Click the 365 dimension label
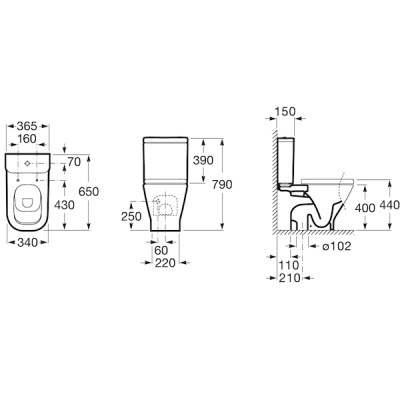pyautogui.click(x=28, y=126)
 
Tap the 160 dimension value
pyautogui.click(x=27, y=139)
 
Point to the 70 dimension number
pyautogui.click(x=74, y=162)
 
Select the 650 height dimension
pyautogui.click(x=89, y=191)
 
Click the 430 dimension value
pyautogui.click(x=65, y=205)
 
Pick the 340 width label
pyautogui.click(x=27, y=243)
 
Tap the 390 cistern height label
pyautogui.click(x=203, y=160)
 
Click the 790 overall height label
pyautogui.click(x=222, y=184)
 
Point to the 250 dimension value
pyautogui.click(x=131, y=217)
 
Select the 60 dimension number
pyautogui.click(x=162, y=250)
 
